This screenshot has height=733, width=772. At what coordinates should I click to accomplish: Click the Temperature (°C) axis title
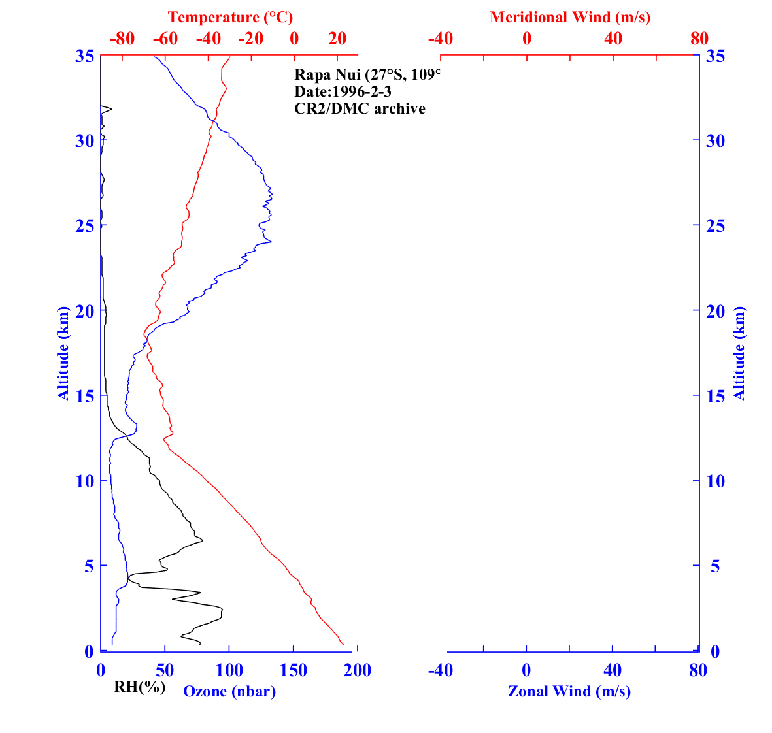pos(229,17)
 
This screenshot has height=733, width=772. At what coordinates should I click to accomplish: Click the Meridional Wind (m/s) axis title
pos(570,17)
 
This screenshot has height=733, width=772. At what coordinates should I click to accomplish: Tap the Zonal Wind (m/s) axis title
pos(569,691)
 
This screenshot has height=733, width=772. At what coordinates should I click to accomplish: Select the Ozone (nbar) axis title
pos(229,691)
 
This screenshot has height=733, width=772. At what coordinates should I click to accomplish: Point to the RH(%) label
pos(139,687)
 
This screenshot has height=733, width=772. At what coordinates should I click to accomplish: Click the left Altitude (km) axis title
pos(63,353)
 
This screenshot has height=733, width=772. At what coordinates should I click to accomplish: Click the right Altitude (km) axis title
pos(739,353)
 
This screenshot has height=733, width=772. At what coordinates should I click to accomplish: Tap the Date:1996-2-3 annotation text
pos(343,91)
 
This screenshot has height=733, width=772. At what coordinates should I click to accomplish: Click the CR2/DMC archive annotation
pos(360,108)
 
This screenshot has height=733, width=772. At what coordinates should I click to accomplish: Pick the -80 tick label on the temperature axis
pos(122,39)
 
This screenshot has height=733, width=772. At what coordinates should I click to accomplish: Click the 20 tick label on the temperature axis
pos(337,39)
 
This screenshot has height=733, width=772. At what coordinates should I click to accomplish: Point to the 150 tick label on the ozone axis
pos(294,671)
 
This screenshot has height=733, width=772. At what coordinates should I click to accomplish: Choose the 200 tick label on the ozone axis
pos(358,671)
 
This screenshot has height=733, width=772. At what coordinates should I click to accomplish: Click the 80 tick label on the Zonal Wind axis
pos(698,671)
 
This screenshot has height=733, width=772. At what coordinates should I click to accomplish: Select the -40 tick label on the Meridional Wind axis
pos(441,39)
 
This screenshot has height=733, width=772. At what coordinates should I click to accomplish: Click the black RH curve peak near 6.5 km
pos(202,540)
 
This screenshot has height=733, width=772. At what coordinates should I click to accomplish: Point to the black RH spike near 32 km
pos(111,109)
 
